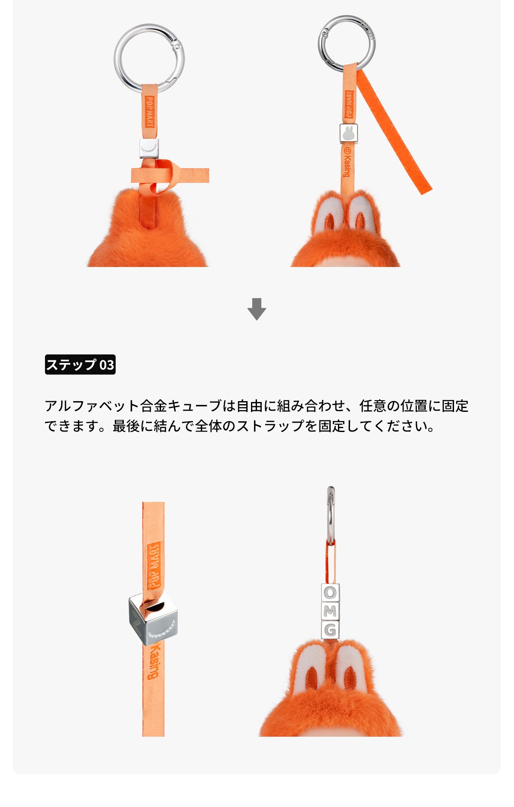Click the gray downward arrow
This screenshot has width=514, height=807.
(257, 309)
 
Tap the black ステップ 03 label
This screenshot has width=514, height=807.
(80, 365)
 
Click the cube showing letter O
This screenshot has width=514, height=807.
(330, 593)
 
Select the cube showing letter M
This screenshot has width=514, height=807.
(330, 612)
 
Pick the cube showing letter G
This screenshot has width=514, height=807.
(330, 630)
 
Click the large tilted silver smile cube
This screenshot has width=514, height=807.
(153, 620)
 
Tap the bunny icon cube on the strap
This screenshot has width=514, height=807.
(348, 133)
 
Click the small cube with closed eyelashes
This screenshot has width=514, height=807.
(149, 148)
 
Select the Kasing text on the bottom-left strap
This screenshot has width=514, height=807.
(153, 660)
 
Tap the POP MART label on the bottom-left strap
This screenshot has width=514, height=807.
(154, 565)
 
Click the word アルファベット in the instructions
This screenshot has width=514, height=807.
(92, 405)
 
